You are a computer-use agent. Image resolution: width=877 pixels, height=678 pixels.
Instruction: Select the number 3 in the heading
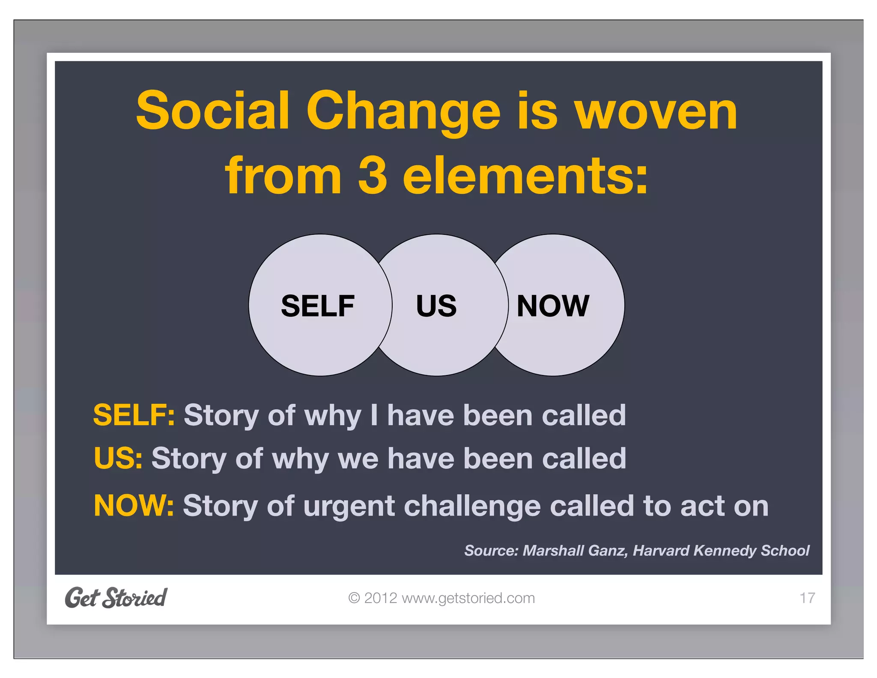[x=372, y=175]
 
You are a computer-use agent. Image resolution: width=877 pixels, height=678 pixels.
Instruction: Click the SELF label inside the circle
[x=317, y=306]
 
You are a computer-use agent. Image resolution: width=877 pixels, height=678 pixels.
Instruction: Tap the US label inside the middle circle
[x=436, y=306]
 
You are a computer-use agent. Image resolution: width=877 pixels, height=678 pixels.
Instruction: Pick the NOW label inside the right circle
[x=553, y=306]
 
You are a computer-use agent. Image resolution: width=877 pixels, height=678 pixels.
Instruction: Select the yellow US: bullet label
[x=118, y=458]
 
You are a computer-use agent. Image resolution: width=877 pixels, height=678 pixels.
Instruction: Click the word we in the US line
[x=358, y=459]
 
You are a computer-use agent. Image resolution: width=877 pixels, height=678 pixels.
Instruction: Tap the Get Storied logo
[x=116, y=597]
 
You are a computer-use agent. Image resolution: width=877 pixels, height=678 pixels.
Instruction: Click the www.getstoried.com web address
[x=468, y=598]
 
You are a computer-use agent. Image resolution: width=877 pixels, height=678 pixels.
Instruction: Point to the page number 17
[x=807, y=598]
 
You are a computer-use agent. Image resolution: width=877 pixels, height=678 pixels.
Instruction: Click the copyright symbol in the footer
[x=354, y=598]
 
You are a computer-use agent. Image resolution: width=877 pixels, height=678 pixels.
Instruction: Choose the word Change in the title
[x=403, y=111]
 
